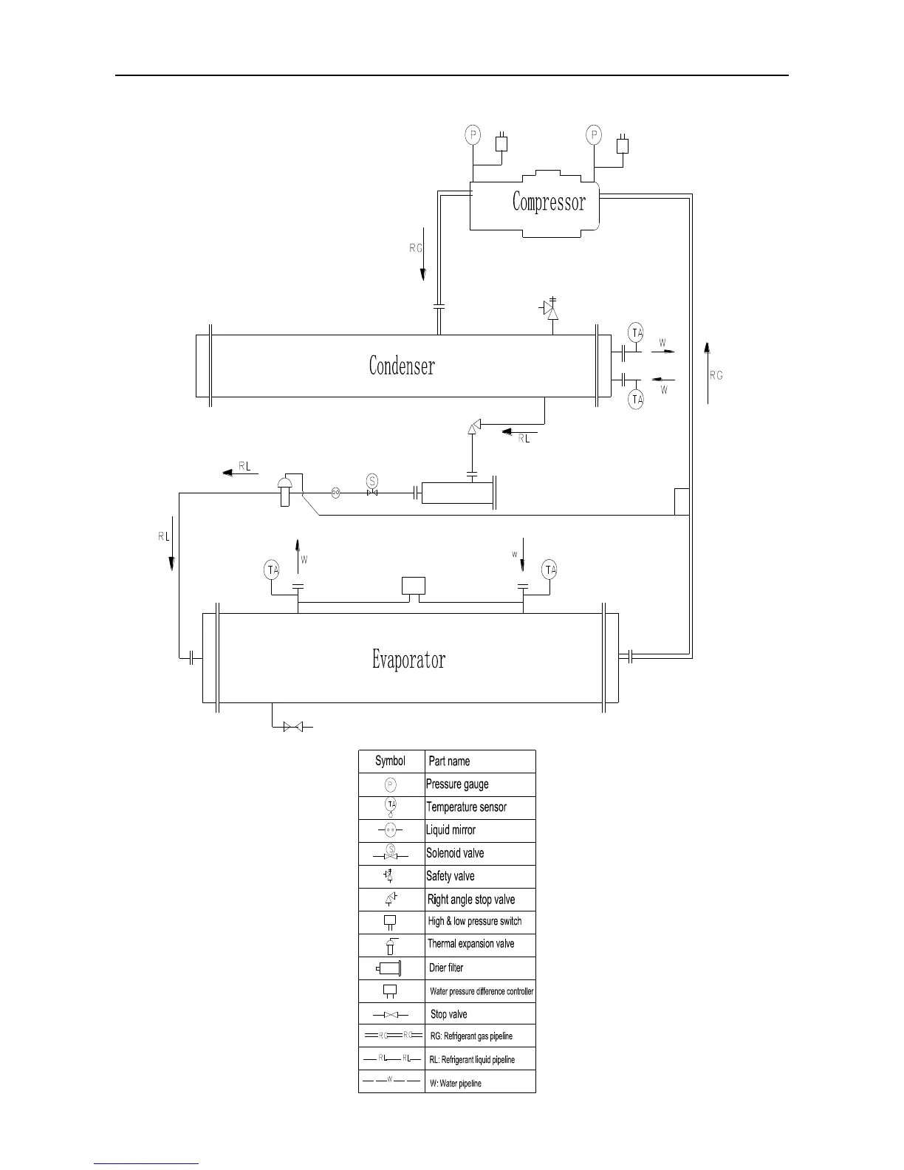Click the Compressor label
tap(549, 202)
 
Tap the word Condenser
tap(402, 366)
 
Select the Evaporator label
tap(408, 659)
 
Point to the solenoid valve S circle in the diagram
tap(372, 481)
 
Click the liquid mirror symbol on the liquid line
tap(335, 492)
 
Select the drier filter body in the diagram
tap(456, 493)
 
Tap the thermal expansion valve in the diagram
tap(284, 490)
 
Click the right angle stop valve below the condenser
tap(474, 426)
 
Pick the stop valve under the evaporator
tap(292, 728)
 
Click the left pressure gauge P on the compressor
tap(473, 135)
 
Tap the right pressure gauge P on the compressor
tap(594, 135)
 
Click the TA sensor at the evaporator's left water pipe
tap(273, 569)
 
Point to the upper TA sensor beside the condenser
tap(636, 332)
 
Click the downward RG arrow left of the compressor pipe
tap(423, 262)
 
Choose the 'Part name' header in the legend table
tap(449, 762)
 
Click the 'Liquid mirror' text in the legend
tap(451, 830)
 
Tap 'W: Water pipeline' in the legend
tap(456, 1084)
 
